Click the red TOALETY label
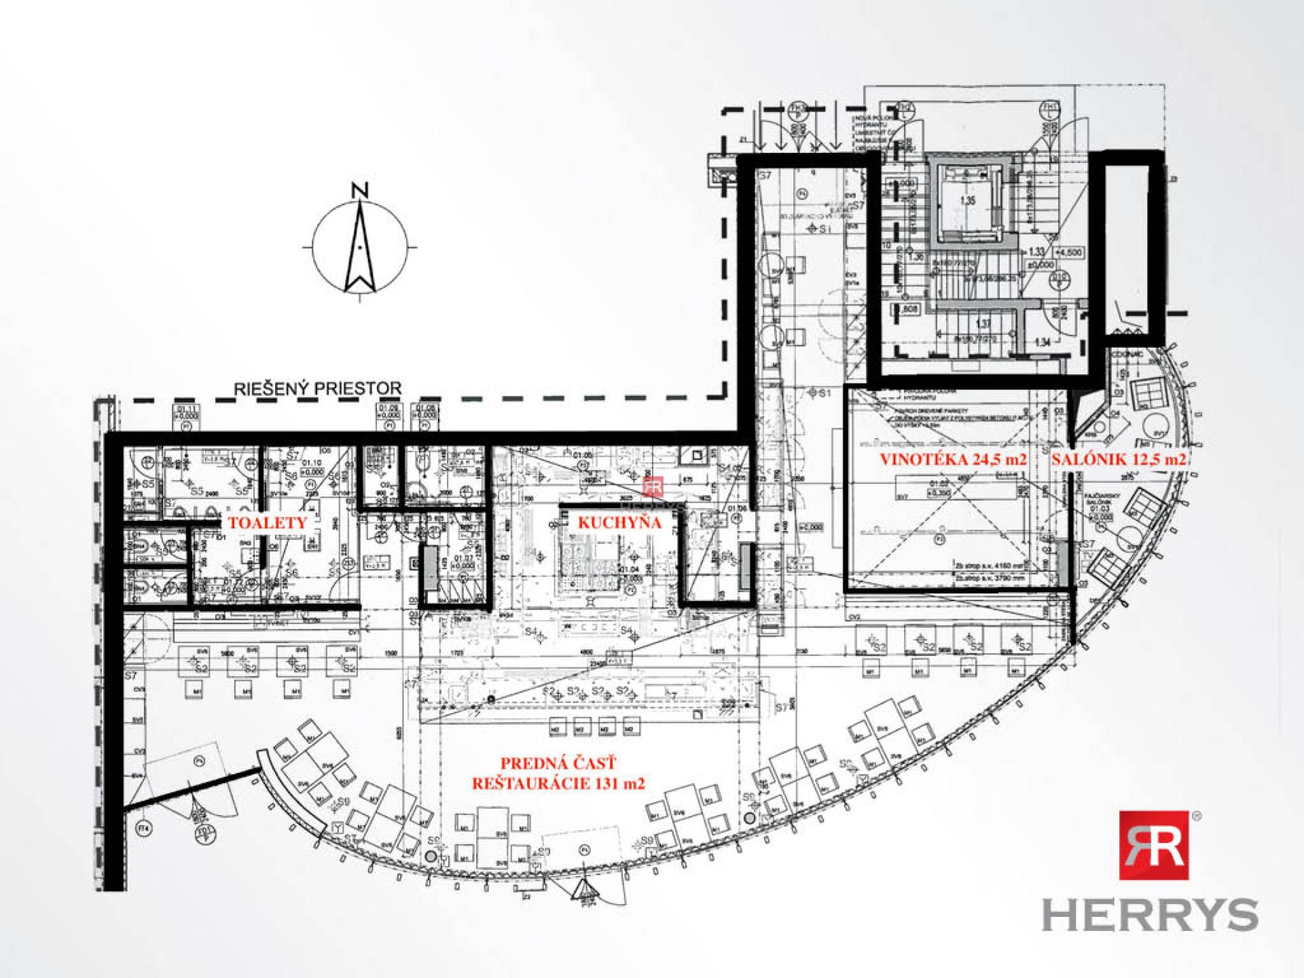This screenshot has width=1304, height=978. (268, 522)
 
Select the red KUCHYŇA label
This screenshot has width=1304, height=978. (619, 522)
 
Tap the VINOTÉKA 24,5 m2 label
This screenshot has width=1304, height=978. (953, 459)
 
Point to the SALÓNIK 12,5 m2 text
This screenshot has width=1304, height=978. (1119, 459)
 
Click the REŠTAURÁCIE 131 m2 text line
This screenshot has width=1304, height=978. (558, 783)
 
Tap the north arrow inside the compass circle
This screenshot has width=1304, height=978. (360, 248)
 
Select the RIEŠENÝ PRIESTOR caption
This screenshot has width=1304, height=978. (318, 388)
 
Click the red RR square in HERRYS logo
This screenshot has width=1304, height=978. (1153, 845)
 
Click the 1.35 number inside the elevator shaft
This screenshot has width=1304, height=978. (967, 201)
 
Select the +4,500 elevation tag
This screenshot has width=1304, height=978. (1069, 253)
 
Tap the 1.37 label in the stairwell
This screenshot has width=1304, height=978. (982, 324)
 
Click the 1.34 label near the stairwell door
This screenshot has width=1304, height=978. (1042, 342)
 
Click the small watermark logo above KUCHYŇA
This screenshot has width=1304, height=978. (653, 486)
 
